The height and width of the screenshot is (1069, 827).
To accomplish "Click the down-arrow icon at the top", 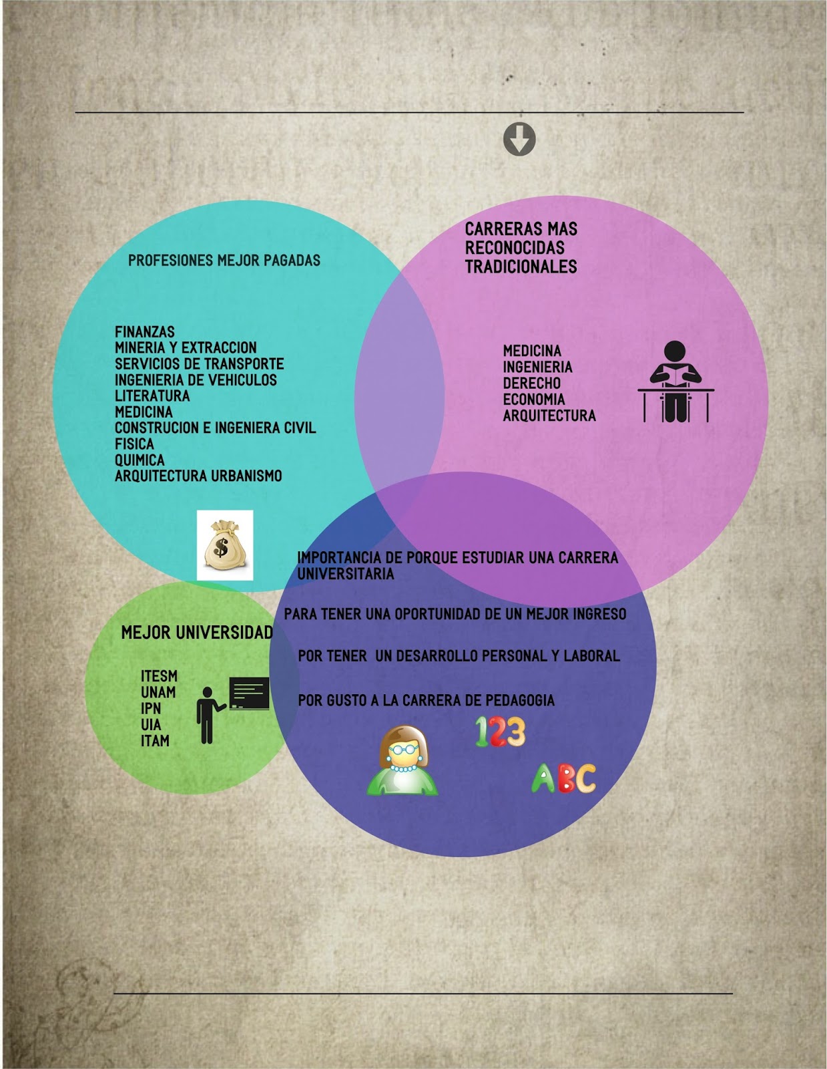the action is pyautogui.click(x=519, y=140).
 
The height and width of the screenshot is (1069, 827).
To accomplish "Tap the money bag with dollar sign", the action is pyautogui.click(x=224, y=545).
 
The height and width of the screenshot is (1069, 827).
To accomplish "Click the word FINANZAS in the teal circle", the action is pyautogui.click(x=145, y=332).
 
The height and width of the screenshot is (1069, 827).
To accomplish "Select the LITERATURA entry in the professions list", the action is pyautogui.click(x=152, y=396).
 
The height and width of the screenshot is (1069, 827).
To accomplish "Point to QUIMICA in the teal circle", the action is pyautogui.click(x=140, y=460).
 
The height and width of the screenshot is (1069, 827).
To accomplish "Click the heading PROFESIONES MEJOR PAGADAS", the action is pyautogui.click(x=224, y=261).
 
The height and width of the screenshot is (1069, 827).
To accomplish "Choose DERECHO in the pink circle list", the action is pyautogui.click(x=532, y=384).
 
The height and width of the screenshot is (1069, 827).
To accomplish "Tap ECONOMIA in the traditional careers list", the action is pyautogui.click(x=534, y=400).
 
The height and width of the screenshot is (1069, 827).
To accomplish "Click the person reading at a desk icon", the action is pyautogui.click(x=675, y=382).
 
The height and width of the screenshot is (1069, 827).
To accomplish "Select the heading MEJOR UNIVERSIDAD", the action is pyautogui.click(x=197, y=632).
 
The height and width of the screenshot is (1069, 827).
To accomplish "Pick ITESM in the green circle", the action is pyautogui.click(x=159, y=676).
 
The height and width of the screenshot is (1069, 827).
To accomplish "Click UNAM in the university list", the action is pyautogui.click(x=158, y=692).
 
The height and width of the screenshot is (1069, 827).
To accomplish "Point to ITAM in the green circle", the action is pyautogui.click(x=155, y=740).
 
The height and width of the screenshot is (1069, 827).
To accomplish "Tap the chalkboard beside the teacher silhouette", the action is pyautogui.click(x=250, y=693).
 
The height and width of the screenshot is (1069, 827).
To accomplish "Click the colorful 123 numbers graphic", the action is pyautogui.click(x=500, y=732).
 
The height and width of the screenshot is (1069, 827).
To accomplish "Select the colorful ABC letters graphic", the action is pyautogui.click(x=563, y=778).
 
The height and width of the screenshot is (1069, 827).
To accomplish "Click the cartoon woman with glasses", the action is pyautogui.click(x=402, y=761).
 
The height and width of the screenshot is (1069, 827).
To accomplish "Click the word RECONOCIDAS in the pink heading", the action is pyautogui.click(x=515, y=248).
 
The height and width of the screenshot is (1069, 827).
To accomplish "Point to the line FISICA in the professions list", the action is pyautogui.click(x=134, y=444).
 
